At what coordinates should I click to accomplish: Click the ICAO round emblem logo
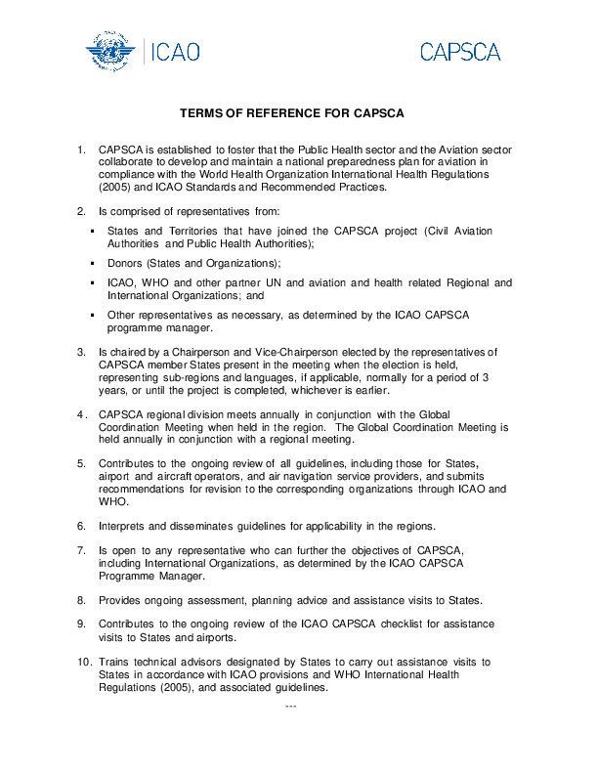111,50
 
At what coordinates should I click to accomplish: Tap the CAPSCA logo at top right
460,52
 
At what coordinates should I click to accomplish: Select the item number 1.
81,150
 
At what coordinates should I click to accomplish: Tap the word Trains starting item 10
115,662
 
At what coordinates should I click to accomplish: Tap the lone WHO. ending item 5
114,501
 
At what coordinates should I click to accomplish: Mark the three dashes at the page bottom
289,705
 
